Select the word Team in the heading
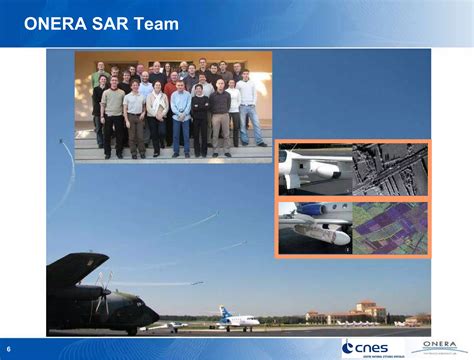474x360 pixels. [x=156, y=23]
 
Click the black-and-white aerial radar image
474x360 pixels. [x=390, y=168]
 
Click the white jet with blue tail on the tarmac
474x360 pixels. [x=236, y=321]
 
